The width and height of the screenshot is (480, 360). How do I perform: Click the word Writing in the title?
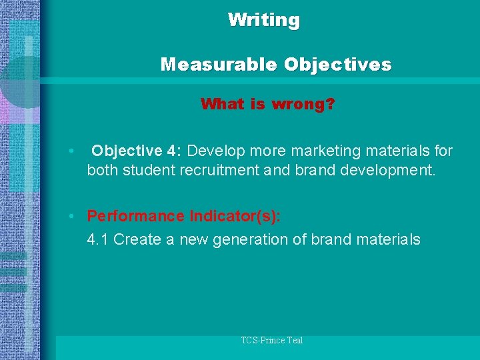pos(264,20)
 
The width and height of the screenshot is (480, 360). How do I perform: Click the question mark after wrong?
pos(331,104)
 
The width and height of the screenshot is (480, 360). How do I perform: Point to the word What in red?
pos(223,104)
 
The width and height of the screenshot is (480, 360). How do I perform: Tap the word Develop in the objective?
pos(215,151)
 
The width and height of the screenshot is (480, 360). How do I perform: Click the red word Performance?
pos(136,216)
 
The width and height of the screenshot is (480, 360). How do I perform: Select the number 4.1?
pos(98,239)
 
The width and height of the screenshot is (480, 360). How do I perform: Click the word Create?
pos(137,239)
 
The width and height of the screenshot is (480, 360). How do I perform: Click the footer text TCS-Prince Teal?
pos(271,341)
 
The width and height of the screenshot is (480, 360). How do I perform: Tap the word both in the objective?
pos(101,170)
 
